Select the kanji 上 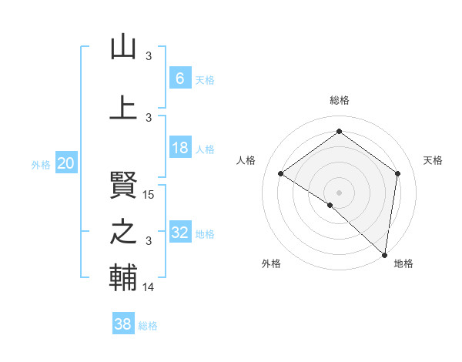tap(123, 107)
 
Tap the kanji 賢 tap(123, 184)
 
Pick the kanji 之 tap(123, 232)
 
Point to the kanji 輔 tap(123, 278)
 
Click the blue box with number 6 tap(179, 79)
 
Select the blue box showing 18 tap(179, 149)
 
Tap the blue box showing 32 tap(179, 233)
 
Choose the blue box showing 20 tap(66, 163)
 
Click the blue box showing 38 tap(123, 325)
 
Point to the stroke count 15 tap(149, 195)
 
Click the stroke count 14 tap(149, 287)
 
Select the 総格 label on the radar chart tap(339, 100)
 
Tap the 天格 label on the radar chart tap(433, 160)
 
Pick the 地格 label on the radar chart tap(403, 264)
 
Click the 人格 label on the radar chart tap(246, 160)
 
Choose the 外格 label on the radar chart tap(271, 264)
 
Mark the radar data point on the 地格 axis tap(385, 254)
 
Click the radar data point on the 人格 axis tap(281, 173)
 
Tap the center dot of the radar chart tap(339, 192)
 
